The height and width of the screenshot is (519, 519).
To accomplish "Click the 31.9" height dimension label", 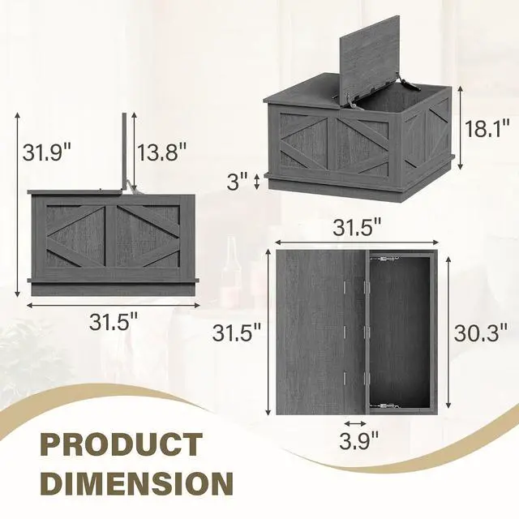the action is pyautogui.click(x=47, y=152).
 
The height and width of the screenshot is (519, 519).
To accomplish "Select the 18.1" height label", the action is pyautogui.click(x=487, y=128).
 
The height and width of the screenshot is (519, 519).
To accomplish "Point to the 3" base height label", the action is pyautogui.click(x=238, y=182).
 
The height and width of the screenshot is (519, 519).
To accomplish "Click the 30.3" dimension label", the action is pyautogui.click(x=481, y=332).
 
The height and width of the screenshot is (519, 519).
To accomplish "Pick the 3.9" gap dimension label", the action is pyautogui.click(x=358, y=440).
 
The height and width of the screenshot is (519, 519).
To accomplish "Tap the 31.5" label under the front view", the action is pyautogui.click(x=114, y=322).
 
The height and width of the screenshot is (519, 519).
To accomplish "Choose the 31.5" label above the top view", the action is pyautogui.click(x=357, y=227).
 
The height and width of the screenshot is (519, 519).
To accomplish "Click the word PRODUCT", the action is pyautogui.click(x=122, y=445).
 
